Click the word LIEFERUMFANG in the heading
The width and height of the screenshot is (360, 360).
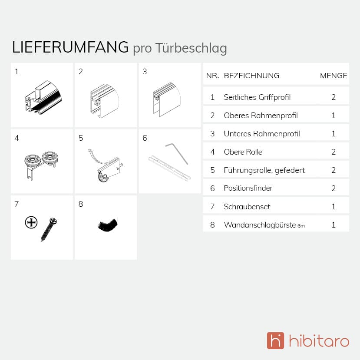pyautogui.click(x=70, y=47)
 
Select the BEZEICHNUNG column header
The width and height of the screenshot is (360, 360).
pyautogui.click(x=251, y=76)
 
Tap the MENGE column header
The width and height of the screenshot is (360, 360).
pyautogui.click(x=334, y=76)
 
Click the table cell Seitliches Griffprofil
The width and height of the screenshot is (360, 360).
pyautogui.click(x=257, y=97)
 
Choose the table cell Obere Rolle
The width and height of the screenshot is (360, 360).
pyautogui.click(x=243, y=152)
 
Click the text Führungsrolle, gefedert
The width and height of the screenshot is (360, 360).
pyautogui.click(x=264, y=170)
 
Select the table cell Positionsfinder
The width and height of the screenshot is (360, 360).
pyautogui.click(x=248, y=188)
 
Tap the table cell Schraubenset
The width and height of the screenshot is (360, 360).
pyautogui.click(x=244, y=207)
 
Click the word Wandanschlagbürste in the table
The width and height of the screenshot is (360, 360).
pyautogui.click(x=260, y=225)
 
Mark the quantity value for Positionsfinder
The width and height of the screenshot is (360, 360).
pyautogui.click(x=334, y=188)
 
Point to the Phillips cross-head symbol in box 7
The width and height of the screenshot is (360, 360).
pyautogui.click(x=31, y=223)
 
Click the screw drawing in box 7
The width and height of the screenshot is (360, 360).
pyautogui.click(x=49, y=229)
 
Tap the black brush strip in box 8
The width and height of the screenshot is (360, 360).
pyautogui.click(x=107, y=225)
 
